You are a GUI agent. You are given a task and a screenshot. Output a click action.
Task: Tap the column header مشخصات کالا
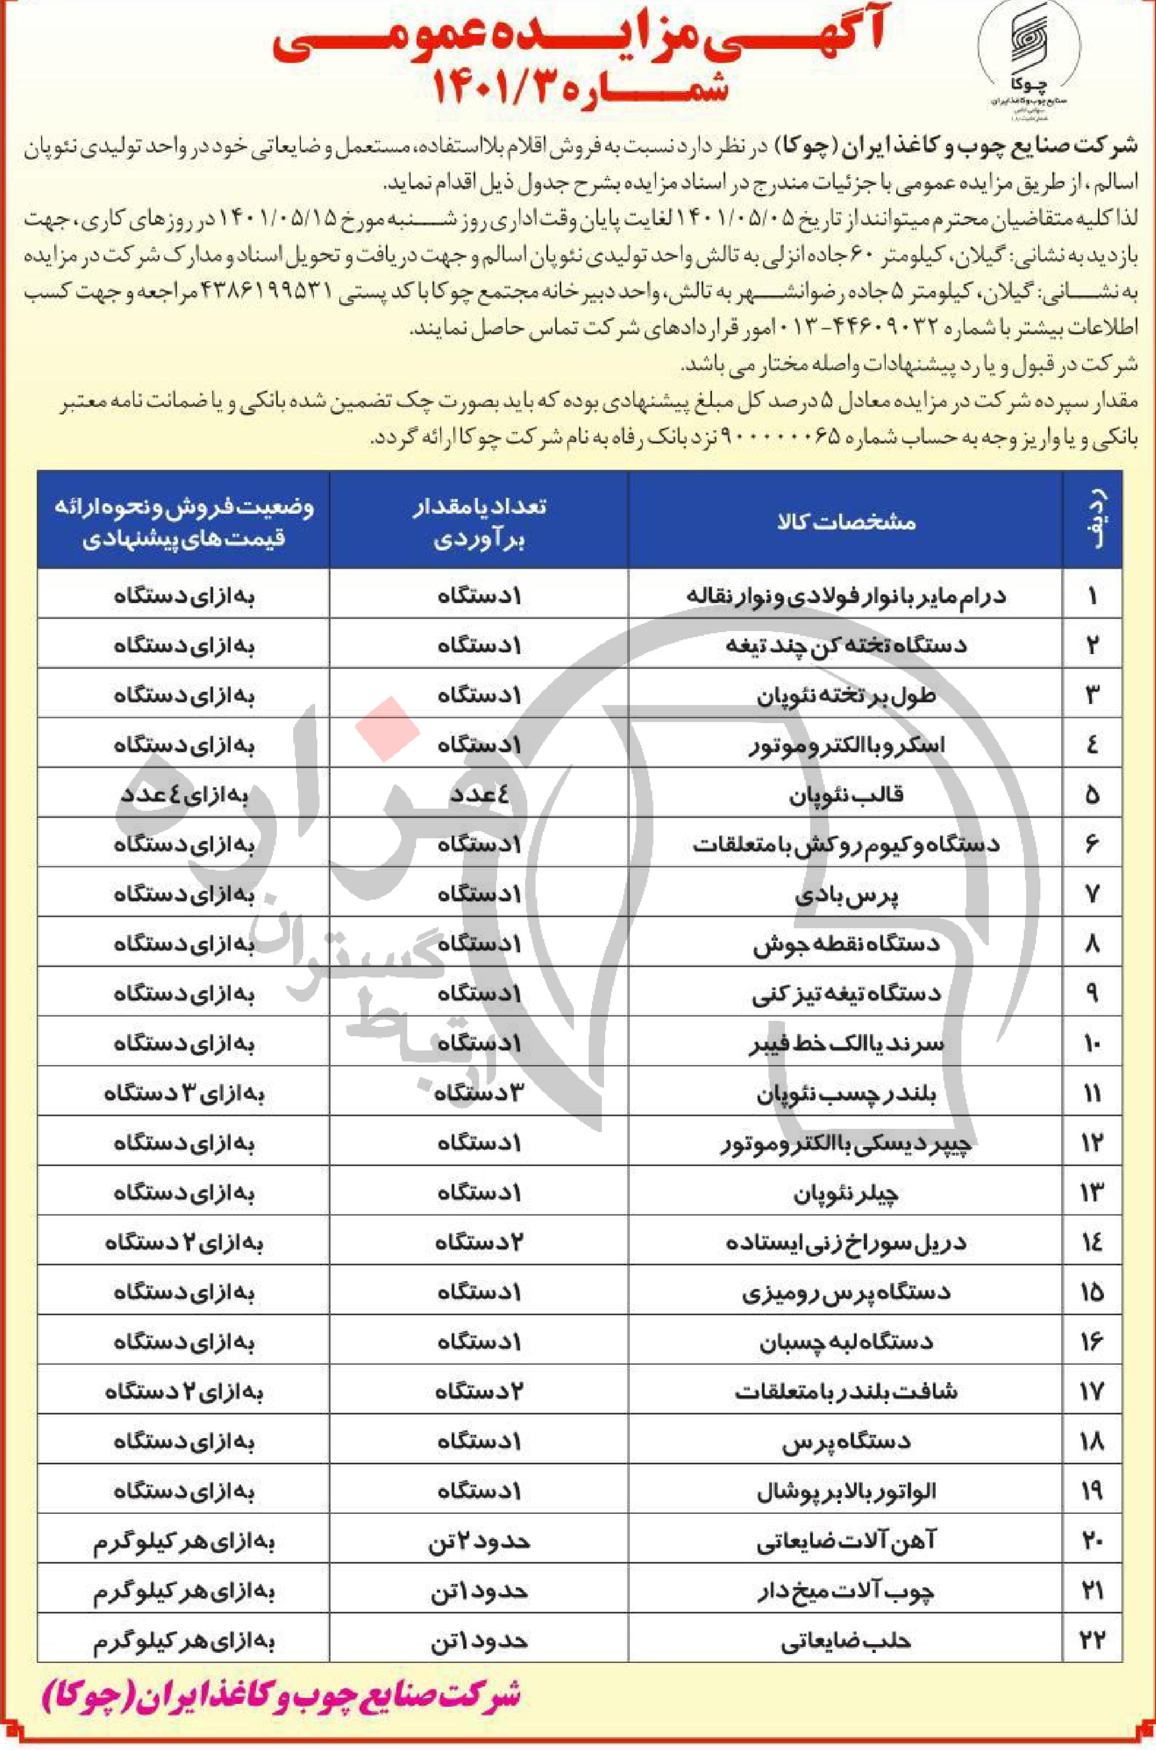tap(846, 522)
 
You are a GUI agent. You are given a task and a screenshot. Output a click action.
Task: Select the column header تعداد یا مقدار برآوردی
tap(479, 522)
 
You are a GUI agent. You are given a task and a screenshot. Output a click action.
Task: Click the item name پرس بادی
tap(846, 895)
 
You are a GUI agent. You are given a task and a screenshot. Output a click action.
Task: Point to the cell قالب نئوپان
tap(846, 796)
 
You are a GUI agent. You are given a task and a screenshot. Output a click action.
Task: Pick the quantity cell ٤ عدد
tap(479, 796)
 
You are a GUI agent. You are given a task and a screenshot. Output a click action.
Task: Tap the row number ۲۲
tap(1092, 1641)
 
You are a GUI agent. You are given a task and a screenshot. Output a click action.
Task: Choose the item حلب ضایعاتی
tap(846, 1641)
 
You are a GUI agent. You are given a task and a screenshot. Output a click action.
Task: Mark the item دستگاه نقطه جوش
tap(846, 945)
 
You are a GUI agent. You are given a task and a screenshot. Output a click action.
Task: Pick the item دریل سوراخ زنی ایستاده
tap(846, 1243)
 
